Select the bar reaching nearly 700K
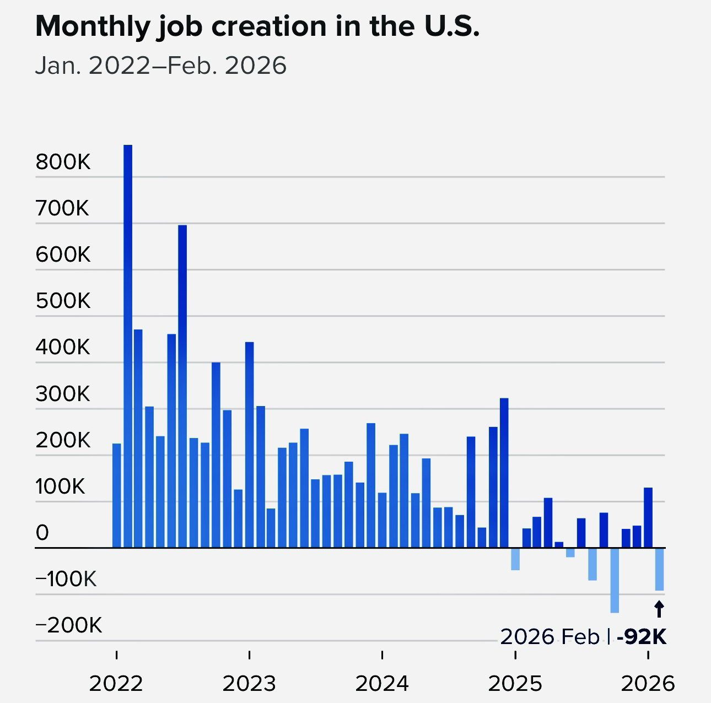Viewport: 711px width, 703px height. click(x=182, y=386)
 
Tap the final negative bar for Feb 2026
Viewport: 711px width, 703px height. click(x=659, y=569)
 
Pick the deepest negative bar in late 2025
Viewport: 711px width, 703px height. click(x=615, y=580)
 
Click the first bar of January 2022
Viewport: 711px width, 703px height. click(x=116, y=495)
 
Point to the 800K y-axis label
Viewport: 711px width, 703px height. click(x=63, y=163)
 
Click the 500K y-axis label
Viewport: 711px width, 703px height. click(x=63, y=301)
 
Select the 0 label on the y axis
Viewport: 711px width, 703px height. click(x=42, y=533)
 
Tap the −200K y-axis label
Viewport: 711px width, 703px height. click(x=69, y=626)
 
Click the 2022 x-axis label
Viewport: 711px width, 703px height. click(x=116, y=684)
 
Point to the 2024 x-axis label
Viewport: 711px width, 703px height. click(x=382, y=684)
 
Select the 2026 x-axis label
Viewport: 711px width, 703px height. click(x=648, y=684)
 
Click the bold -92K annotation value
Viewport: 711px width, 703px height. click(x=642, y=637)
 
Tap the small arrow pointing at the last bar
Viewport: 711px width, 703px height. click(x=659, y=609)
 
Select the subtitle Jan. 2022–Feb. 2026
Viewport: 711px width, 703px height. click(x=161, y=66)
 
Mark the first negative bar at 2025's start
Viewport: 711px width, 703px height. click(x=515, y=559)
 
